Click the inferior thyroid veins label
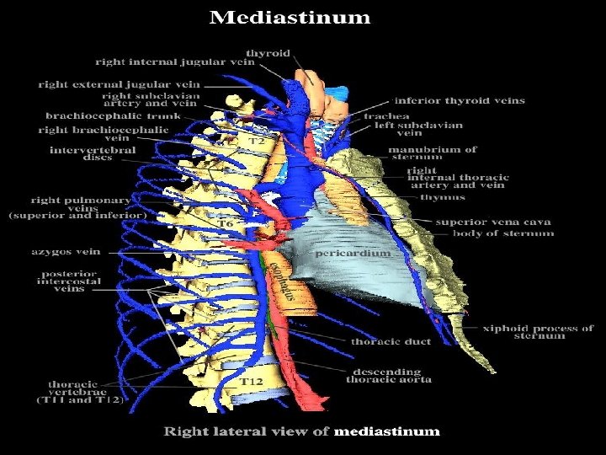tap(459, 100)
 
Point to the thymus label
tap(442, 198)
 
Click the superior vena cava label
tap(493, 222)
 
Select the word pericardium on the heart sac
tap(353, 252)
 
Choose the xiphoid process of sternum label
tap(538, 332)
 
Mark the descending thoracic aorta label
tap(389, 376)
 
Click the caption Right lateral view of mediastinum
tap(301, 431)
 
